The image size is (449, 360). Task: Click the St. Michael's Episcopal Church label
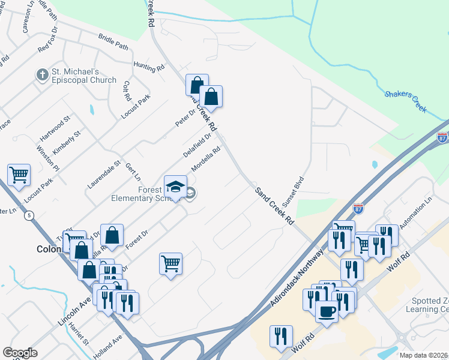(83, 76)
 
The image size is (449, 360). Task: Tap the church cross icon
(42, 75)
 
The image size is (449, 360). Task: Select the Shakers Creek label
(405, 101)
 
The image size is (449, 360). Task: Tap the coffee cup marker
(327, 311)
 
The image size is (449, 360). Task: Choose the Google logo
(20, 353)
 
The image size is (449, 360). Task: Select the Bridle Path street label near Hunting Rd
(113, 42)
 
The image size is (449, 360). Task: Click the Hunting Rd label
(149, 67)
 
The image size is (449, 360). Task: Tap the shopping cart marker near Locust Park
(19, 175)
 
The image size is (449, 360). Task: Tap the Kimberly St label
(68, 142)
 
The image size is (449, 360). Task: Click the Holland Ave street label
(108, 347)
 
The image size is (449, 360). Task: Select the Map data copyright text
(424, 355)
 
